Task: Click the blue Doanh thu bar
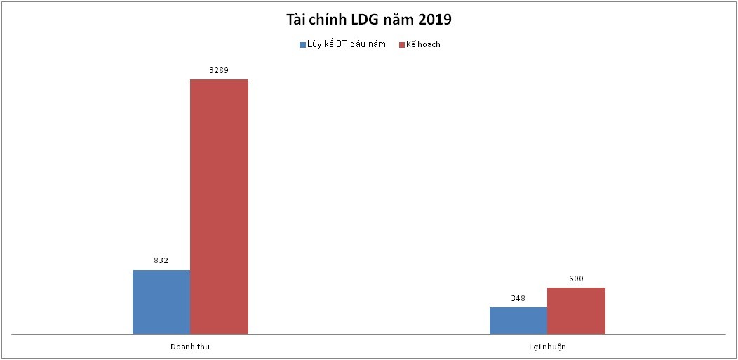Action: (x=161, y=302)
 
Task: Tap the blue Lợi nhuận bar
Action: (x=518, y=320)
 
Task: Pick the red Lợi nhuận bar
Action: (x=576, y=310)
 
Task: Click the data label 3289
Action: (x=219, y=69)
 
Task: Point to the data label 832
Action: (x=161, y=260)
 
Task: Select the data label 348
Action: (x=518, y=298)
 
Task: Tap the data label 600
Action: (x=576, y=279)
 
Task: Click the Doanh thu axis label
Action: (x=190, y=347)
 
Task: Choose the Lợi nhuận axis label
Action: (x=547, y=347)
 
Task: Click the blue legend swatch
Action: (x=302, y=44)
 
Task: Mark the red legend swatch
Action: (x=402, y=44)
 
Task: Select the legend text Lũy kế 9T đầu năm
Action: (x=346, y=44)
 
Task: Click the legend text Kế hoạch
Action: (x=423, y=44)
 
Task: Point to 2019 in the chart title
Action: (x=431, y=19)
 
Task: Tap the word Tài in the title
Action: (x=297, y=19)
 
